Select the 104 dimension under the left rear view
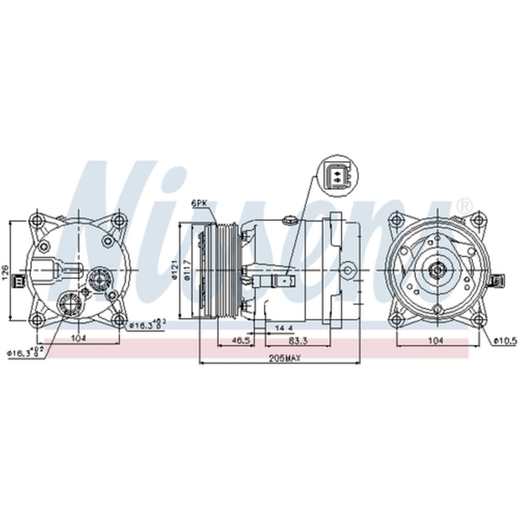(78, 338)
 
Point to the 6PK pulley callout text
(199, 204)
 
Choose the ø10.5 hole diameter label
(505, 340)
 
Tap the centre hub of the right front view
(436, 270)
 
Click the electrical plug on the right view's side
(500, 280)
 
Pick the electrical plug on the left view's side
(20, 280)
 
